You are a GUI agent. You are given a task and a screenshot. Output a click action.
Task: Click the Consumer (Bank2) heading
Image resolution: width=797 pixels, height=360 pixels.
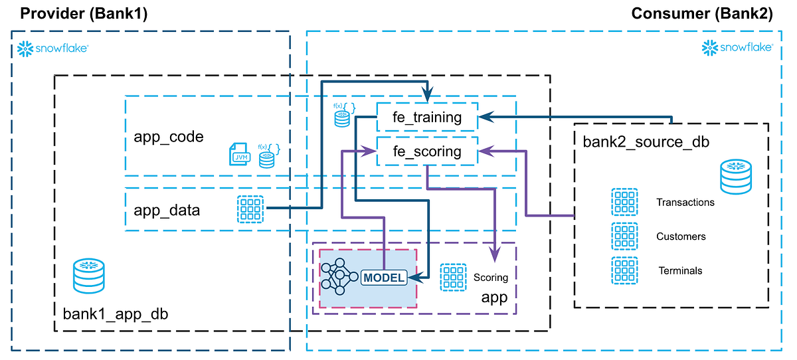702,13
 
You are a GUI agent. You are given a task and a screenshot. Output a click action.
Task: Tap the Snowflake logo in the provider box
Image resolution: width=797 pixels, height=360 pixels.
53,48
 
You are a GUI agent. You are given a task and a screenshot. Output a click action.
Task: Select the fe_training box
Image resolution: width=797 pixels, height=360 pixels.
427,118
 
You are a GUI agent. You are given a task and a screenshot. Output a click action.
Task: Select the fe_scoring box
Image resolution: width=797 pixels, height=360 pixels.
427,151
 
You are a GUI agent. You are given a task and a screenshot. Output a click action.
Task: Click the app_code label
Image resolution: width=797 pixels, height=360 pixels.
169,137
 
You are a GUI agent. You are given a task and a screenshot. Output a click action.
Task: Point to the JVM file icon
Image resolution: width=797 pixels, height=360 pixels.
239,154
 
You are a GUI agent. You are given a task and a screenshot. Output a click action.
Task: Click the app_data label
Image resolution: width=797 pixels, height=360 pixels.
167,210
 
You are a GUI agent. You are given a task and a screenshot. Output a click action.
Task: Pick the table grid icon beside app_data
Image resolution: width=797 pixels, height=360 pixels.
250,209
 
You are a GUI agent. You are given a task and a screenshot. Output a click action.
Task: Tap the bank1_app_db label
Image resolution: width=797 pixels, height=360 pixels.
115,314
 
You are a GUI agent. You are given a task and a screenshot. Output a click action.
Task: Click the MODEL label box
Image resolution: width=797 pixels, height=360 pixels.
383,278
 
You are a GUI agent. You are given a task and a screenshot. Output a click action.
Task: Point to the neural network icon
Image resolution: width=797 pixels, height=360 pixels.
339,278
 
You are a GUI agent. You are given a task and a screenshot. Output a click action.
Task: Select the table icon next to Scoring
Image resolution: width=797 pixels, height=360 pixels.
454,278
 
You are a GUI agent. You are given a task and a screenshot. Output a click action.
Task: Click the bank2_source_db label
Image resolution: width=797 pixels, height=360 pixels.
637,141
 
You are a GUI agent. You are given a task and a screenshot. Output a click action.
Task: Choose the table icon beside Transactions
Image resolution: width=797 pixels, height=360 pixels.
624,202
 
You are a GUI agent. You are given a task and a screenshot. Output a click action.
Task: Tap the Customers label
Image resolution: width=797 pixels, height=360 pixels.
681,236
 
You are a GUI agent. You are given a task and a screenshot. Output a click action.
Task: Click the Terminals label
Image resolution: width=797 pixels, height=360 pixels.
680,270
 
